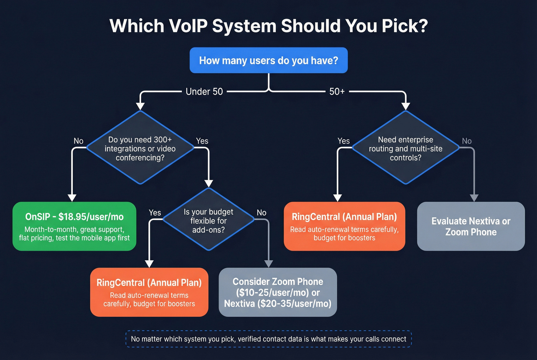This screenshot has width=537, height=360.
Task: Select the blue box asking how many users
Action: tap(268, 60)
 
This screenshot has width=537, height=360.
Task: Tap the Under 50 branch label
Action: tap(204, 92)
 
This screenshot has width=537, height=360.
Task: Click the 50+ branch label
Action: tap(337, 92)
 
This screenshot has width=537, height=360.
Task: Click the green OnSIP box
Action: tap(74, 226)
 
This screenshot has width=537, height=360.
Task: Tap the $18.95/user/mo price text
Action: tap(91, 217)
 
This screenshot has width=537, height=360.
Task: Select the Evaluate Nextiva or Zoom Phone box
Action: tap(471, 226)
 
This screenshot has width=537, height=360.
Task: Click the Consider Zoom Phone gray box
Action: tap(278, 292)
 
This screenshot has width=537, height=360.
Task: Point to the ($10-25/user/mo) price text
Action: tap(273, 293)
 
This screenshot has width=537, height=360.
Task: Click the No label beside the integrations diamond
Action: tap(79, 141)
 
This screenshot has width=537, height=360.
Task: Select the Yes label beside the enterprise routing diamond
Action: tap(343, 141)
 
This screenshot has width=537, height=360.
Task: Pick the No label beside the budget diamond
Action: tap(262, 213)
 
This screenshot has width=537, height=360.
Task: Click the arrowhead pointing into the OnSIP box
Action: tap(72, 197)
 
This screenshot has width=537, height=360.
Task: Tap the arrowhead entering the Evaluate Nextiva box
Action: tap(474, 197)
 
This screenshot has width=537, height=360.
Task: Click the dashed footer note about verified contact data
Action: tap(268, 339)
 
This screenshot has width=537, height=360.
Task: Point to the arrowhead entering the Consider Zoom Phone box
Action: tap(268, 263)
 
